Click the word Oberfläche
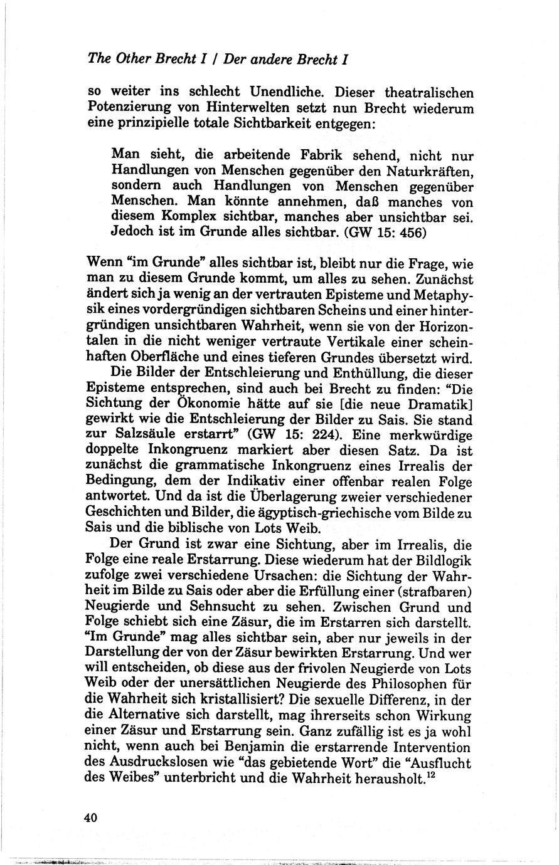tap(159, 359)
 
